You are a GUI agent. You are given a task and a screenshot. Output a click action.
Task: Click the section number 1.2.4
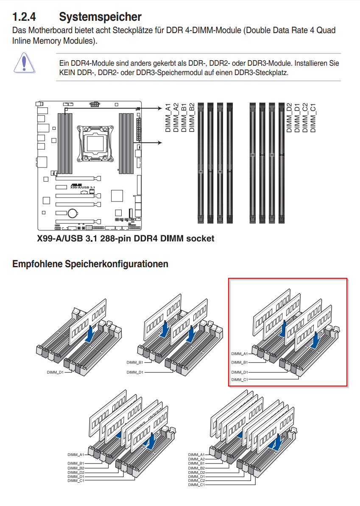coord(24,17)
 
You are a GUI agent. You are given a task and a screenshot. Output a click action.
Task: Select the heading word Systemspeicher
coord(100,17)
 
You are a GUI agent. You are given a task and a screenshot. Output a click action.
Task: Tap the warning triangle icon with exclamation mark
coord(24,62)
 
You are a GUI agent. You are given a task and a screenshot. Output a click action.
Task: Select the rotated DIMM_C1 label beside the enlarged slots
coord(313,117)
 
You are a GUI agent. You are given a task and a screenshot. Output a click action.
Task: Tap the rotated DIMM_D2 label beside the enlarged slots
coord(290,117)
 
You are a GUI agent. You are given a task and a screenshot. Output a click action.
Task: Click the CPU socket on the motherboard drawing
coord(96,140)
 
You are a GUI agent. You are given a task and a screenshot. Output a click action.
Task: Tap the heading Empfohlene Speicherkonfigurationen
coord(90,264)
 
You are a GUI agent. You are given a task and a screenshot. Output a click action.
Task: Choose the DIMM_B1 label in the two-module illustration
coord(134,363)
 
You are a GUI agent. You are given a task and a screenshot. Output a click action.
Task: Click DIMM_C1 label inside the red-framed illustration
coord(239,380)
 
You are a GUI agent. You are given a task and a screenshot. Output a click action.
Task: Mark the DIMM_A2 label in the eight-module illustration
coord(197,459)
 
